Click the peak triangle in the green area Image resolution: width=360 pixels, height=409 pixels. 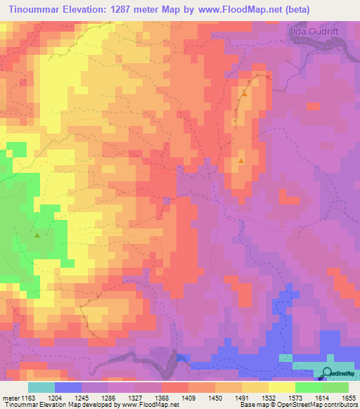[37, 235]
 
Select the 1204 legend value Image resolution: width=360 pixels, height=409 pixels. [65, 397]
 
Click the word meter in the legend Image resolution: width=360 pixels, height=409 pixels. [11, 397]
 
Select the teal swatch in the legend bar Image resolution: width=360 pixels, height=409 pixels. [41, 387]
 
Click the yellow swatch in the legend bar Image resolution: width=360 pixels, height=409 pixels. [281, 387]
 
